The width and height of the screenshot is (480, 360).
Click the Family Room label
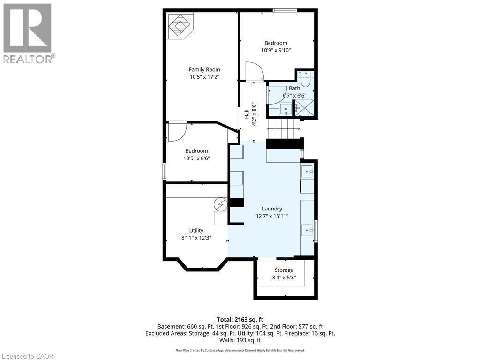pos(204,70)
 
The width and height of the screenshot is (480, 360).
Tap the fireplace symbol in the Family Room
pos(180,26)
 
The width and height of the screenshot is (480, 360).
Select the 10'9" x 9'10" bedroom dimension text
pos(276,50)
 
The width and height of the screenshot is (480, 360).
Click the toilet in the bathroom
pos(305,79)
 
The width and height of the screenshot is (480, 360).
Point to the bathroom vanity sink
pos(285,109)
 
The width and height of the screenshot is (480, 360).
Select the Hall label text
pos(246,114)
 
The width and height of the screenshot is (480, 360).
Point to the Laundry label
pos(272,209)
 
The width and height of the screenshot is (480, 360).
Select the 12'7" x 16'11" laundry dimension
pos(272,216)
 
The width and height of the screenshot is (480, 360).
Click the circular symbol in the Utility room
pos(220,204)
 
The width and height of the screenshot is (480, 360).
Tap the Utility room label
pos(196,230)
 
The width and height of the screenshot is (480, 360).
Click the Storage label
pos(284,270)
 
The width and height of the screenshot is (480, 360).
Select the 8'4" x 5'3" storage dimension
pos(284,277)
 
